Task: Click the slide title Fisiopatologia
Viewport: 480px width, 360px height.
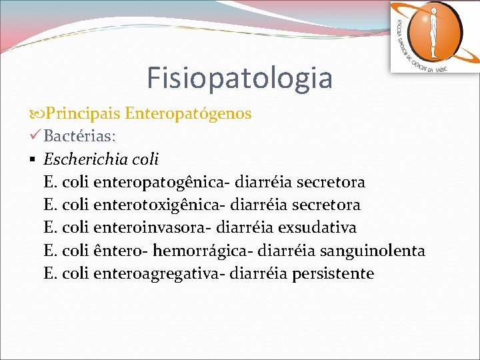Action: [x=239, y=77]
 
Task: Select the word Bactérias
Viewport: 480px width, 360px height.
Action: [x=80, y=137]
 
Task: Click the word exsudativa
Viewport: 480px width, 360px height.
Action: [x=317, y=227]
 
